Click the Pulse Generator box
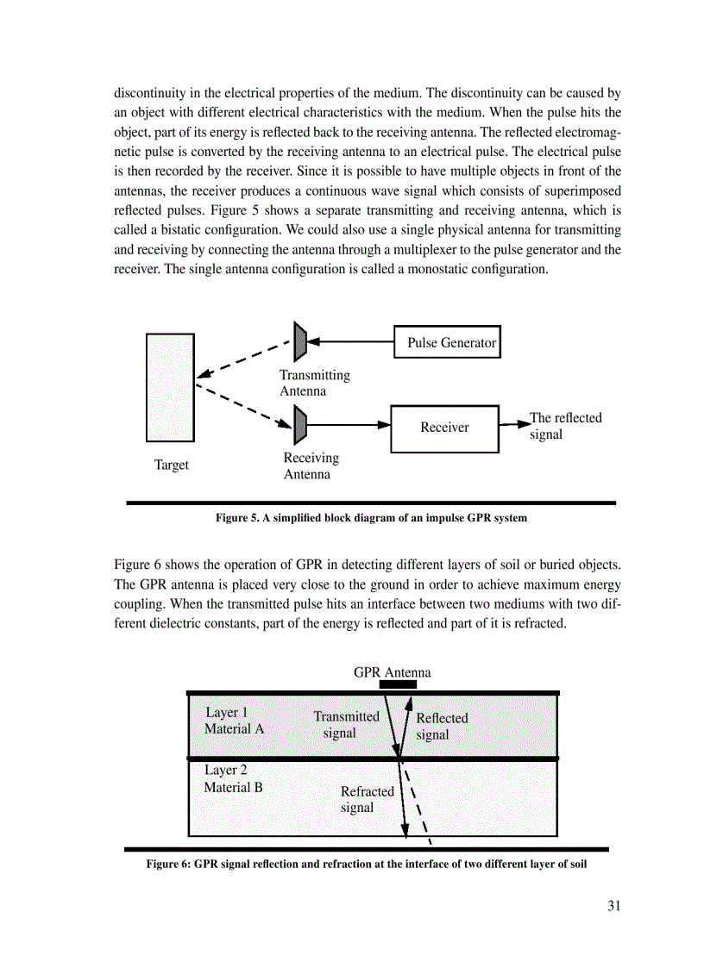click(447, 342)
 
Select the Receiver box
click(444, 428)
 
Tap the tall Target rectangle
click(170, 388)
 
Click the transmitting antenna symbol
click(300, 341)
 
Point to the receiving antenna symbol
click(300, 425)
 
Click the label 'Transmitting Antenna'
click(314, 383)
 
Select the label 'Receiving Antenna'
click(311, 466)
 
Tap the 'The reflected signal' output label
click(565, 426)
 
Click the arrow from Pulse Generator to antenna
click(350, 342)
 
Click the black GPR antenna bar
click(398, 684)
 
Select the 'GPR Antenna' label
click(392, 672)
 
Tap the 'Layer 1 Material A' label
click(233, 721)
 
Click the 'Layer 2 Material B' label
click(233, 778)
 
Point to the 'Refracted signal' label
click(367, 799)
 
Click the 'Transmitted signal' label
click(346, 724)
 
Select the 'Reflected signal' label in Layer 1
click(442, 726)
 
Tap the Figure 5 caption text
click(371, 518)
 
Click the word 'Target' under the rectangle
click(171, 465)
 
